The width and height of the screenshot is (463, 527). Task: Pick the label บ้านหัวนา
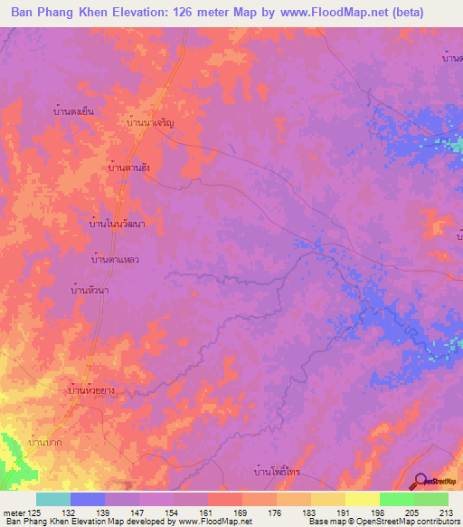(90, 290)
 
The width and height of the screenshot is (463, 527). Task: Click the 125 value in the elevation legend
(36, 513)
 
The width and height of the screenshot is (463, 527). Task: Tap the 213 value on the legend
(443, 513)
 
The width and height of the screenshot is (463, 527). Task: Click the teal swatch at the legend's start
(53, 499)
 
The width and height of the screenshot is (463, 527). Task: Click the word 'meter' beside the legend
(14, 513)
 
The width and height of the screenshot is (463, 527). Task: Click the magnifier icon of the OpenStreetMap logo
(419, 481)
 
